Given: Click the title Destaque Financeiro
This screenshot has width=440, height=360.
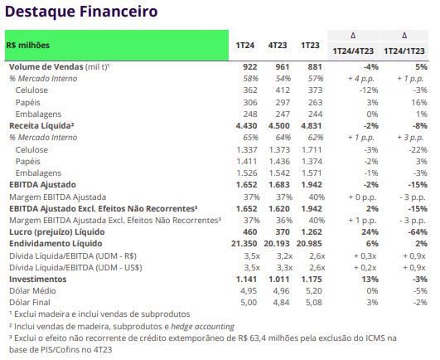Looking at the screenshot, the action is click(81, 12).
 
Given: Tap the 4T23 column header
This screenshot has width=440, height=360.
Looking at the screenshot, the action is click(278, 46).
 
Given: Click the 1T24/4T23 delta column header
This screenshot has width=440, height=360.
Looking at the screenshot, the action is click(353, 51).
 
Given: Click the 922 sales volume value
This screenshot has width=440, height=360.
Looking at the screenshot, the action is click(249, 67).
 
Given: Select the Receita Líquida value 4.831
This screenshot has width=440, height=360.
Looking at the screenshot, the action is click(312, 126).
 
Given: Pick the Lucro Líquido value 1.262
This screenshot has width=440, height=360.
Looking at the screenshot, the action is click(312, 232).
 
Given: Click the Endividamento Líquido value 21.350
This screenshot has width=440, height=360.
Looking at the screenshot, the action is click(244, 244).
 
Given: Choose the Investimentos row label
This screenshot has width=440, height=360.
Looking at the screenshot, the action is click(37, 280).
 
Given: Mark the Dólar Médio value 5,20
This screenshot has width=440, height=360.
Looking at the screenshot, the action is click(314, 290).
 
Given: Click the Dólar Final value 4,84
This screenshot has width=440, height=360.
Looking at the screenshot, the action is click(281, 303).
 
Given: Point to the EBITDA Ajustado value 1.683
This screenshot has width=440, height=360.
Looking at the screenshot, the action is click(278, 185).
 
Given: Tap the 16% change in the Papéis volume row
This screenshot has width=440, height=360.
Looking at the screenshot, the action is click(419, 103).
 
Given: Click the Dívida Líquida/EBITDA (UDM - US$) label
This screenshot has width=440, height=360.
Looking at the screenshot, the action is click(75, 267).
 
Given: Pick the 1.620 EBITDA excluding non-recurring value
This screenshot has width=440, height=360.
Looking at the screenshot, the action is click(278, 209).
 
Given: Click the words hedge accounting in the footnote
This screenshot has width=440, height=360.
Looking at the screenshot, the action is click(203, 326).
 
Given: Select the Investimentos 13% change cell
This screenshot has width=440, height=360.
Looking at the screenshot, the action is click(370, 280).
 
